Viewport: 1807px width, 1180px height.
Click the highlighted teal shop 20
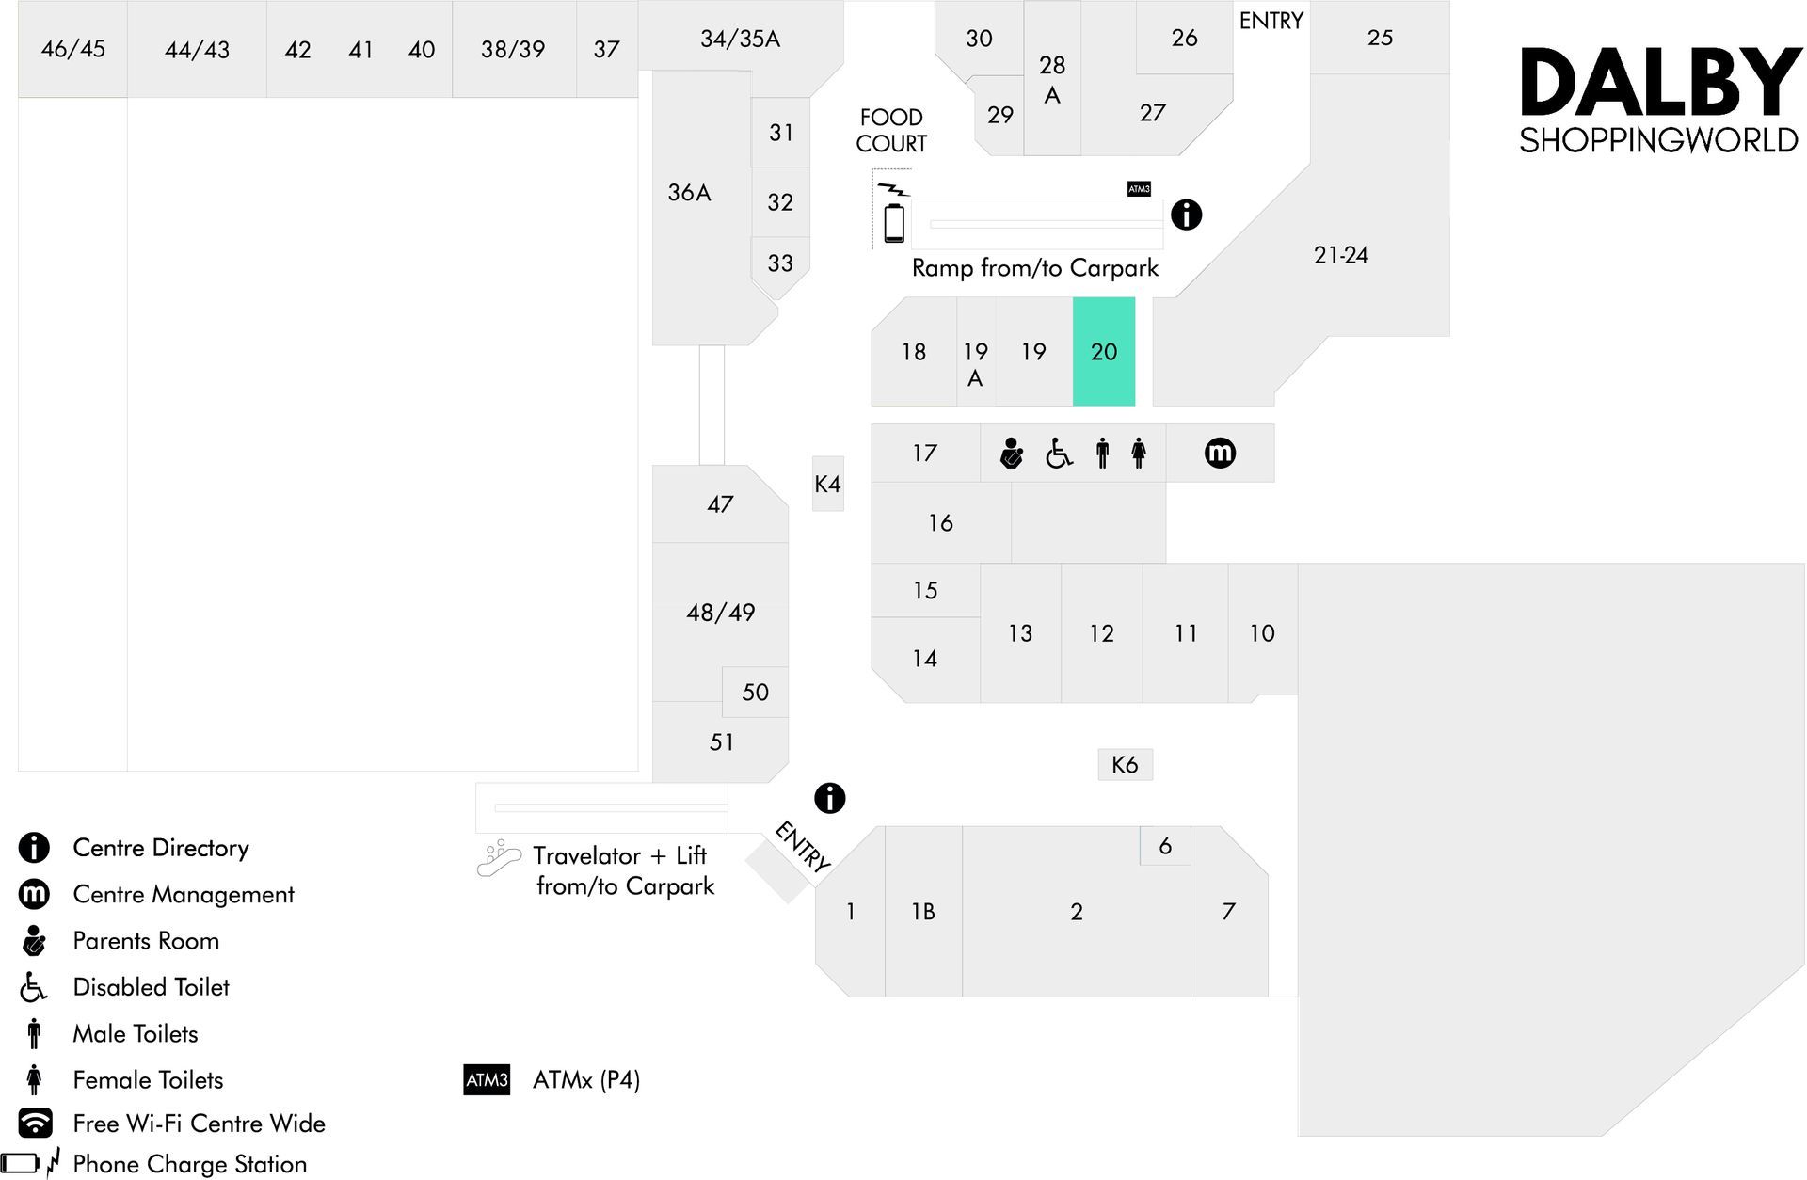pos(1104,351)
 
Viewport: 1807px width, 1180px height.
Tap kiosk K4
pos(828,484)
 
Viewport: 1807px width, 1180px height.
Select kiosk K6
pos(1125,764)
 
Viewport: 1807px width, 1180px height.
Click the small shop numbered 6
pos(1165,846)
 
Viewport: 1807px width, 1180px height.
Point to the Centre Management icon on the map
pos(1220,453)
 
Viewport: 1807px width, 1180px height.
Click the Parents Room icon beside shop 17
pos(1012,453)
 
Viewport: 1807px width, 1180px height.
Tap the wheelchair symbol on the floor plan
pos(1059,454)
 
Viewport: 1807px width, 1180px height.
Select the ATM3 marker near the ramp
pos(1139,189)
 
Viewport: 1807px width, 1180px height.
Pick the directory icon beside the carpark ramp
pos(1186,215)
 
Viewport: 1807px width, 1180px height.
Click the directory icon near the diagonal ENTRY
pos(829,798)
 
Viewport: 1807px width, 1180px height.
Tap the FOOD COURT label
pos(891,130)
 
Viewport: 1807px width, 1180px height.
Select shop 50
pos(755,692)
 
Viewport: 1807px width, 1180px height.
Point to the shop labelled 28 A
pos(1052,79)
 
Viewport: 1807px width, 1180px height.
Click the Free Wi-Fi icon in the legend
pos(35,1123)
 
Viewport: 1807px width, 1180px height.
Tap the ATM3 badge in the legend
pos(487,1079)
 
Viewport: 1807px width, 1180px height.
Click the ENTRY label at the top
pos(1271,21)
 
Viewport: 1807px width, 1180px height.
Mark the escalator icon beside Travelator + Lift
pos(499,858)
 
